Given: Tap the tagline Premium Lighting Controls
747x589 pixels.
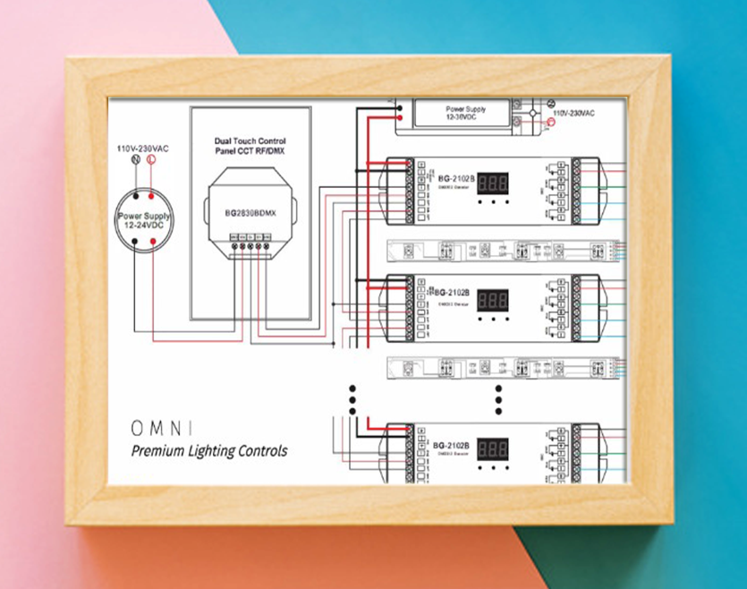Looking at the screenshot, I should [209, 451].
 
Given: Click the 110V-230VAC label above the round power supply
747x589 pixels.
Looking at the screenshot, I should [143, 146].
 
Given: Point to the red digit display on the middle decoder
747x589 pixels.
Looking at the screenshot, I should [493, 299].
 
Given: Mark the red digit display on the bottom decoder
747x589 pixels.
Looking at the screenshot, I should [493, 449].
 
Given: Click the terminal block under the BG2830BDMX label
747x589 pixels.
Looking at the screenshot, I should [250, 243].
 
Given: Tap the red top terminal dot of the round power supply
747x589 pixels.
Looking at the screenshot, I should [152, 194].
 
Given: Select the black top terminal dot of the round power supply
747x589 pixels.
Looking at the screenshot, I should [135, 194].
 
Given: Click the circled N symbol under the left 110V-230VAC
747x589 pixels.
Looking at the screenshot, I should [135, 160].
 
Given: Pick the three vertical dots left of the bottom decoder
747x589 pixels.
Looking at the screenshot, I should [352, 399].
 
